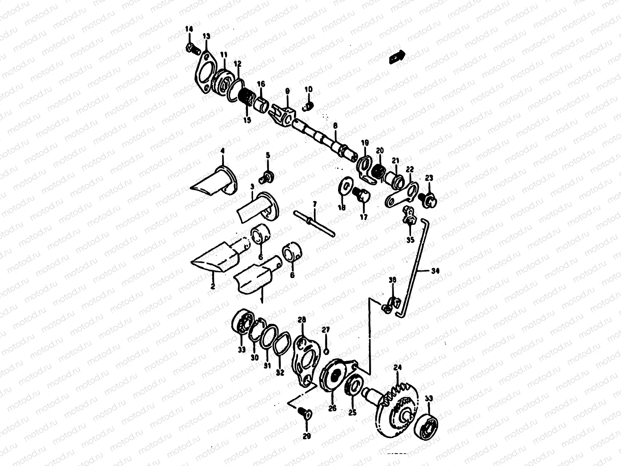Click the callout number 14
click(189, 29)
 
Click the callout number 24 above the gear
click(397, 367)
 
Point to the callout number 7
click(314, 203)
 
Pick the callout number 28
click(302, 320)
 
